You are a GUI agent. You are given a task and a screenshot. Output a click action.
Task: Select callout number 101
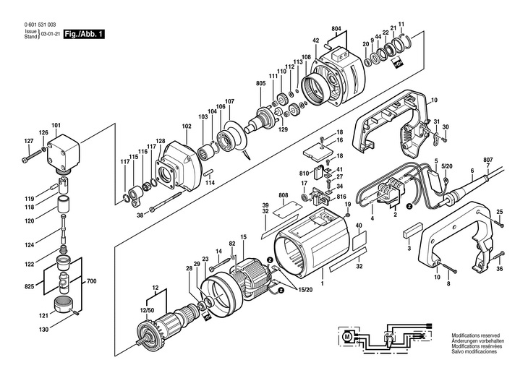point(56,126)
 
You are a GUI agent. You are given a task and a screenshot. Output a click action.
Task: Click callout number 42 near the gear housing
point(316,40)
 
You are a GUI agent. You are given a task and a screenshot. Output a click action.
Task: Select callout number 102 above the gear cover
point(186,126)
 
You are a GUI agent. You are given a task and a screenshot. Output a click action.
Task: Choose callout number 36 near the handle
point(498,269)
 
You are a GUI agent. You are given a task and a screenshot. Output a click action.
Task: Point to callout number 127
point(29,140)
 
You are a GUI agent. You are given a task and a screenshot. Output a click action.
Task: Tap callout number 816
point(341,197)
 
